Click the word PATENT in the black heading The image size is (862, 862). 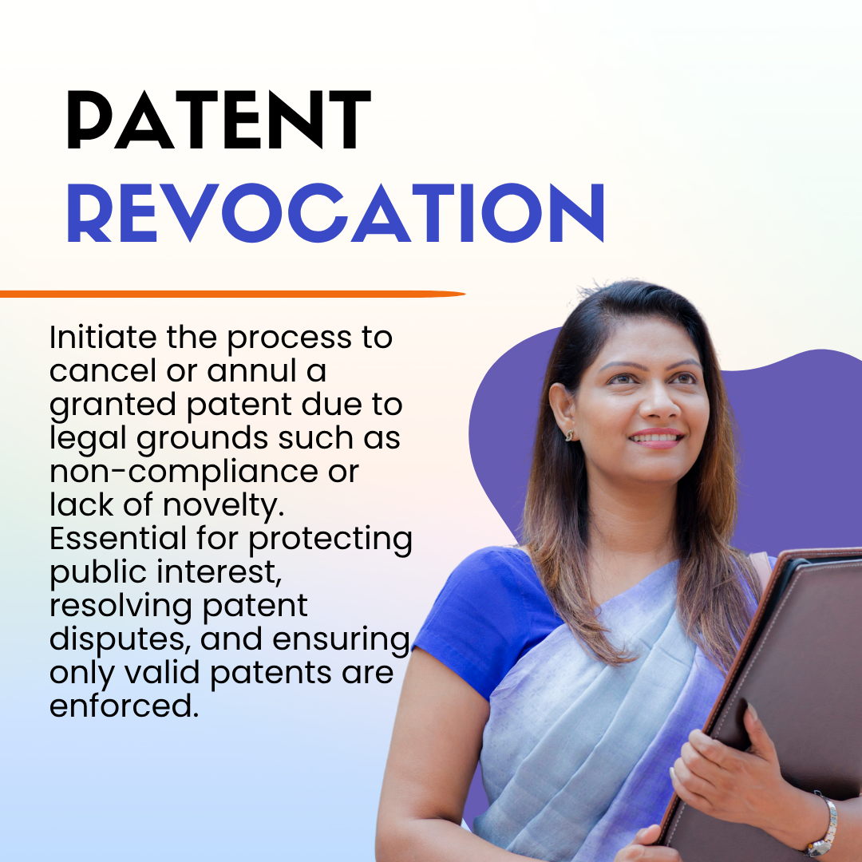point(219,120)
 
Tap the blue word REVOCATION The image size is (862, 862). point(336,213)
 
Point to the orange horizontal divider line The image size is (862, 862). point(232,294)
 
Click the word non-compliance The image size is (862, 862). point(184,473)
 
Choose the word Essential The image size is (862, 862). point(118,538)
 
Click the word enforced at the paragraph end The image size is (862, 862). point(124,706)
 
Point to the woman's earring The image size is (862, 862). point(570,435)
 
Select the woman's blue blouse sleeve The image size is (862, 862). point(487,619)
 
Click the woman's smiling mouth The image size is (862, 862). point(656,439)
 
